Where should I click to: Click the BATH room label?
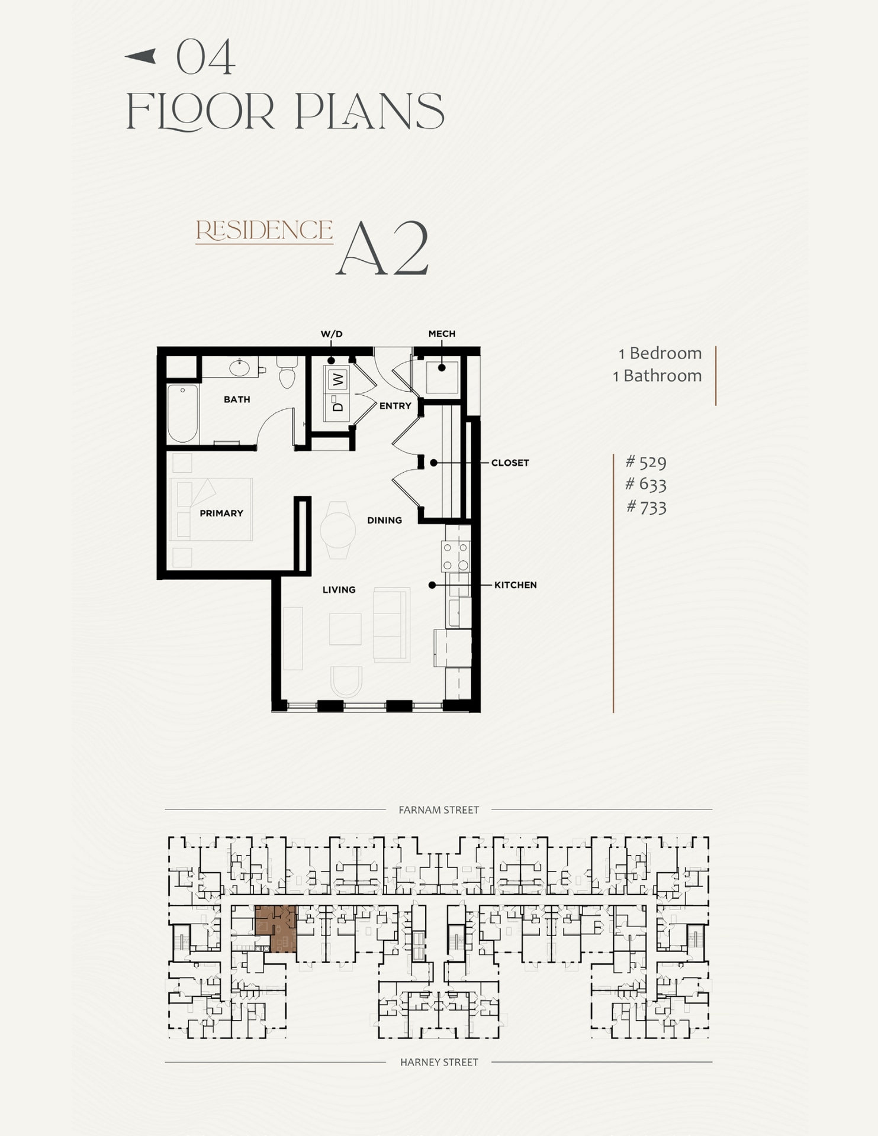click(x=237, y=399)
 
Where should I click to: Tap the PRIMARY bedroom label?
click(x=221, y=513)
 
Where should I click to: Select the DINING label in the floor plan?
click(x=384, y=520)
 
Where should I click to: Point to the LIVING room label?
click(x=339, y=589)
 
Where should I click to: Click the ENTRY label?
click(x=395, y=406)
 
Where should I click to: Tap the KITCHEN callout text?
click(x=515, y=585)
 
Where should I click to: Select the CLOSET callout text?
click(x=510, y=463)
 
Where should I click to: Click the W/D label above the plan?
click(x=332, y=334)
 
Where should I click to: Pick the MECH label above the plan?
click(x=442, y=334)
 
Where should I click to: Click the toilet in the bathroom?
click(x=287, y=373)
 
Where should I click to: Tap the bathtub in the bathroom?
click(x=182, y=413)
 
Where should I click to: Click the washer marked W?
click(x=337, y=379)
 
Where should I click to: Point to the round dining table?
click(x=338, y=530)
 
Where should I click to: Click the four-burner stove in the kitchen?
click(x=456, y=556)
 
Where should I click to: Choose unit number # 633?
click(x=646, y=485)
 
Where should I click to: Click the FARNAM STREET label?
click(x=439, y=810)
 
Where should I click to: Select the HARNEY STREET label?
click(x=439, y=1062)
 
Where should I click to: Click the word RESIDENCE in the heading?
click(x=264, y=230)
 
